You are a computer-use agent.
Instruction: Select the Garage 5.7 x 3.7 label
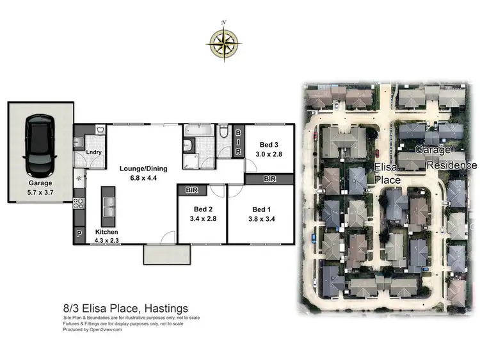coord(40,186)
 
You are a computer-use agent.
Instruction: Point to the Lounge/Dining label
coord(143,173)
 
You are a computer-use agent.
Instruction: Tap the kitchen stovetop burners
coord(80,204)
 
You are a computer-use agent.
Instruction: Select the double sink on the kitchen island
coord(108,206)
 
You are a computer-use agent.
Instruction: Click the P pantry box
coord(80,234)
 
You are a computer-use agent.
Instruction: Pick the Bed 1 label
coord(261,213)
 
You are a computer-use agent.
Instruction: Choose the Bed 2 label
coord(202,213)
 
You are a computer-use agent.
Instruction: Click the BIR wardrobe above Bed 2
coord(191,190)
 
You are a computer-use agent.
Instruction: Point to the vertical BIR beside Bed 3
coord(238,142)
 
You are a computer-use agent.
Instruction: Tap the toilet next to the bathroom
coord(223,133)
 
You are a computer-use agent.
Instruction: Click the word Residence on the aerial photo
coord(452,165)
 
